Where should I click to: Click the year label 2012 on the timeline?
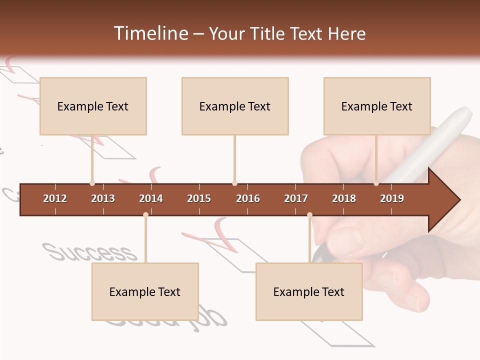point(55,198)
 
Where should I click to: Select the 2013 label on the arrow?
point(103,198)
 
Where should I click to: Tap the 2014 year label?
point(151,198)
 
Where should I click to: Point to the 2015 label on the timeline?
point(199,198)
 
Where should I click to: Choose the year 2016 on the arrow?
point(248,198)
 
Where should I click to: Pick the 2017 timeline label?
point(296,198)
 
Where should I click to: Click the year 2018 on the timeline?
point(344,198)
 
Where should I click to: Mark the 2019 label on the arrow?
point(392,198)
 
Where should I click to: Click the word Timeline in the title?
point(150,33)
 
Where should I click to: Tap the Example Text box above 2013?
point(93,106)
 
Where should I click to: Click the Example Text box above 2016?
point(235,106)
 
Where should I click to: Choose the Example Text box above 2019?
point(377,106)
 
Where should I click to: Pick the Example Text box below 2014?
point(145,291)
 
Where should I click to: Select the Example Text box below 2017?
point(309,291)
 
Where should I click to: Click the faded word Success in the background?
point(90,252)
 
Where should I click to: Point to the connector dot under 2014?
point(145,214)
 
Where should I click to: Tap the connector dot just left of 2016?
point(234,183)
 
